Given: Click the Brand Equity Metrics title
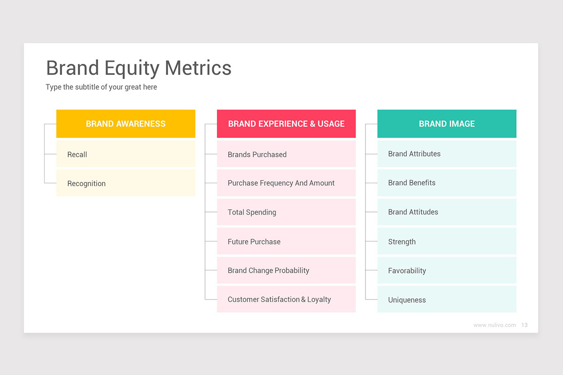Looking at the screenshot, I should tap(138, 68).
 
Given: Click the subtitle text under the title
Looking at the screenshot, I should tap(101, 87).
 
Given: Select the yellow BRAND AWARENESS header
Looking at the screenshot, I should tap(126, 124).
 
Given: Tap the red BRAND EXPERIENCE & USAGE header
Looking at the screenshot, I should tap(286, 124).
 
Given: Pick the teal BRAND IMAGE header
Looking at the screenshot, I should tap(447, 124).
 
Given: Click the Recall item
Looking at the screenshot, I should tap(126, 154).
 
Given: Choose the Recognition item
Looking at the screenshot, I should tap(126, 183).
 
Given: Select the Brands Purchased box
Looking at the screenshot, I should tap(286, 154).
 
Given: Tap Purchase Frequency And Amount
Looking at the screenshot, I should tap(286, 183).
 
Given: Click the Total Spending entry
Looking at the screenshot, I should tap(286, 212).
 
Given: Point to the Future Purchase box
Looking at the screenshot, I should tap(286, 241).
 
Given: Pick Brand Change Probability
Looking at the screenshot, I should tap(286, 270).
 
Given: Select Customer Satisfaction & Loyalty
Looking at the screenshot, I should tap(286, 300).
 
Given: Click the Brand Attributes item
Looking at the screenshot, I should tap(447, 154).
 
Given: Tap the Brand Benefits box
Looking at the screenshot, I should tap(447, 183).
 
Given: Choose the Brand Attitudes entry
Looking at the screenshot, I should tap(447, 212).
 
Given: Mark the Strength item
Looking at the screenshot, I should tap(447, 241).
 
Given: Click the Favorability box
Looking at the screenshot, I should tap(447, 270).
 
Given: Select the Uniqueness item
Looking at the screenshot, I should tap(447, 300).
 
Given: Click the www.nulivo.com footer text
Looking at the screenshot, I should tap(495, 325).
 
